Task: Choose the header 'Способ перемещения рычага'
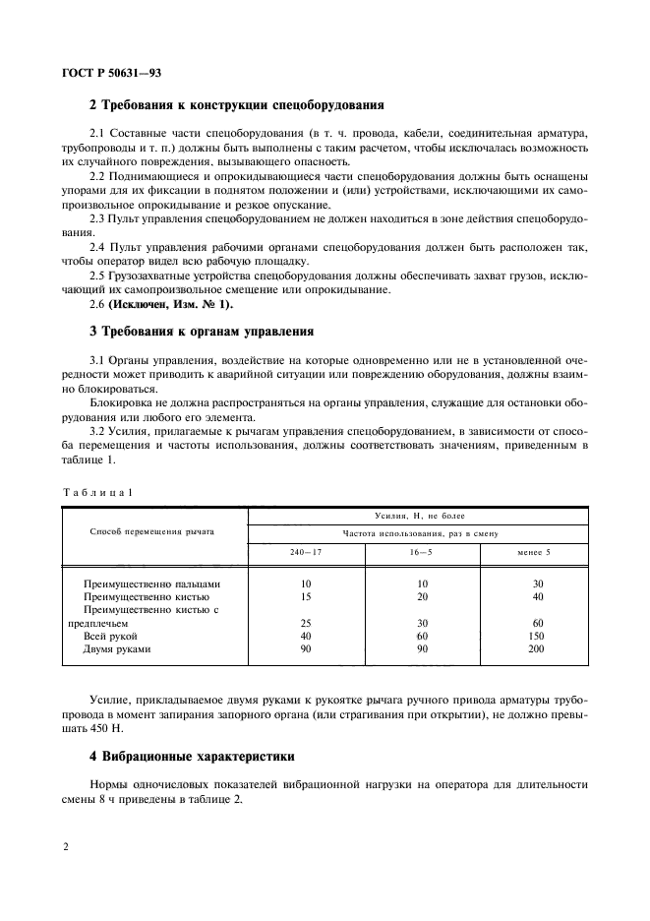coord(151,532)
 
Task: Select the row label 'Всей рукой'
coord(111,637)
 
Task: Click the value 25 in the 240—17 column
coord(306,623)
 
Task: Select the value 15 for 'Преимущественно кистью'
coord(306,596)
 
